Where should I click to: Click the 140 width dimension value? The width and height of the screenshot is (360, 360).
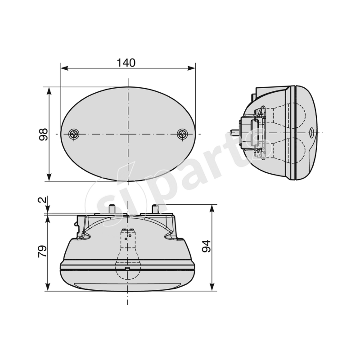126,63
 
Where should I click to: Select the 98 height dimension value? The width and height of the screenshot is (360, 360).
44,135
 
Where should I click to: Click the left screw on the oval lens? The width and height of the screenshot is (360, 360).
74,134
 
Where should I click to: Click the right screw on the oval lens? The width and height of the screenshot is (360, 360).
182,134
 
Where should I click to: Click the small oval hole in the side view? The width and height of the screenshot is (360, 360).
312,133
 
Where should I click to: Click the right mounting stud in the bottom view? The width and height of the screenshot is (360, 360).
157,208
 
